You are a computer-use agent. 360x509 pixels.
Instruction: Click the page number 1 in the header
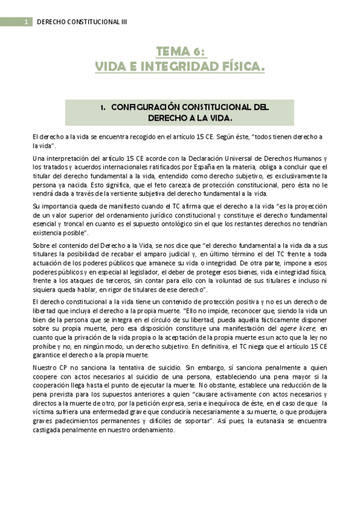[x=26, y=22]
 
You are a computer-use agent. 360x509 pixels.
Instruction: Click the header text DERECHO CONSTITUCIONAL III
[x=82, y=22]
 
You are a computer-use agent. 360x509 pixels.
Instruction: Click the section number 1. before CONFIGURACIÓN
[x=103, y=107]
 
